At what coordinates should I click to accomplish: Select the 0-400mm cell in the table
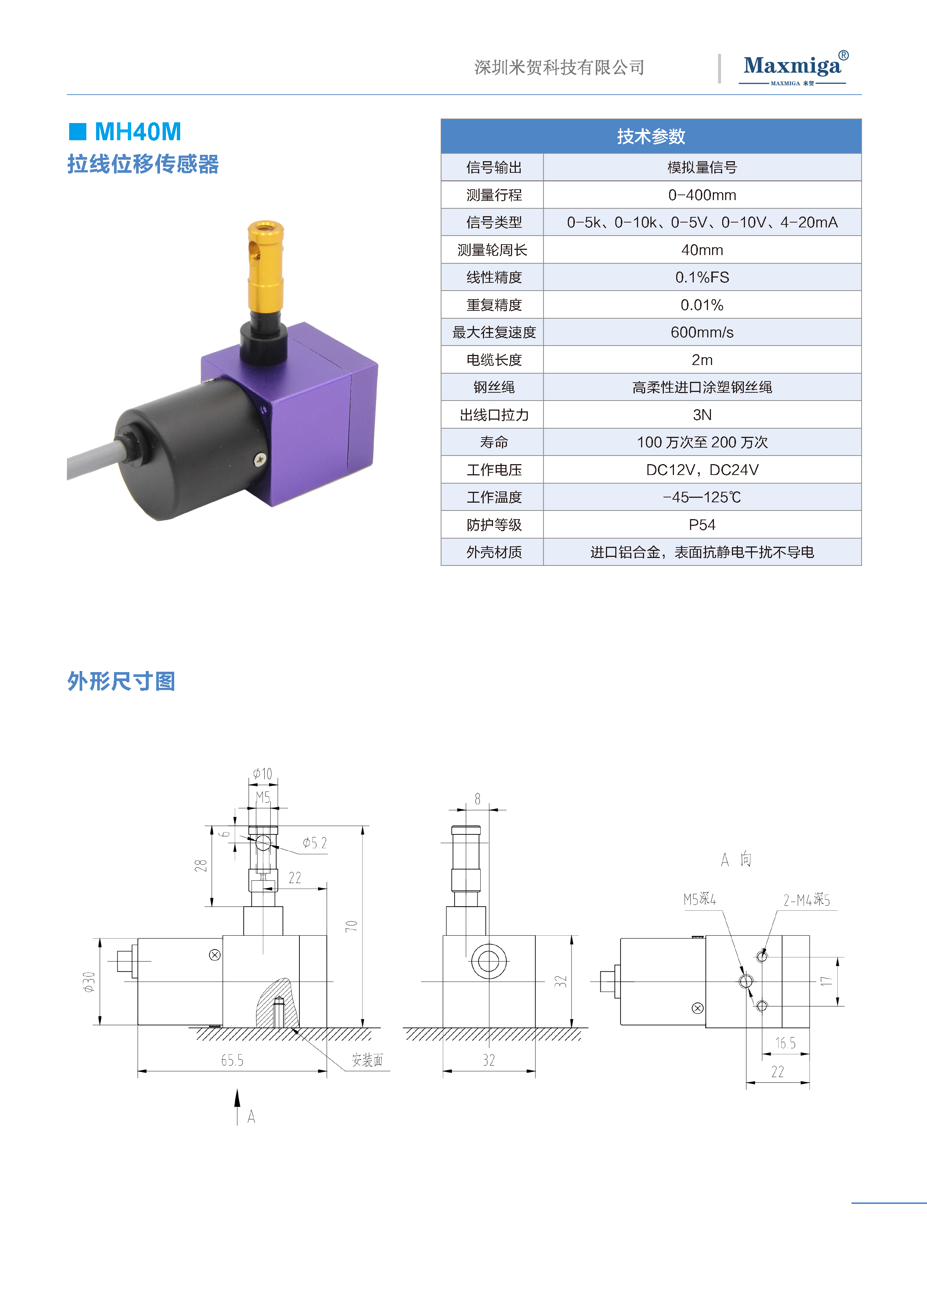tap(702, 195)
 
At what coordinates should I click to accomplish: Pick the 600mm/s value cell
tap(702, 332)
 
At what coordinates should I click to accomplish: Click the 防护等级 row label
tap(494, 525)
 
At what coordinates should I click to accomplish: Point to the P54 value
tap(702, 525)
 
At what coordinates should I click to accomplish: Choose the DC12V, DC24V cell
tap(702, 470)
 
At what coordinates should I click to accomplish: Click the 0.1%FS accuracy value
tap(702, 277)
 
